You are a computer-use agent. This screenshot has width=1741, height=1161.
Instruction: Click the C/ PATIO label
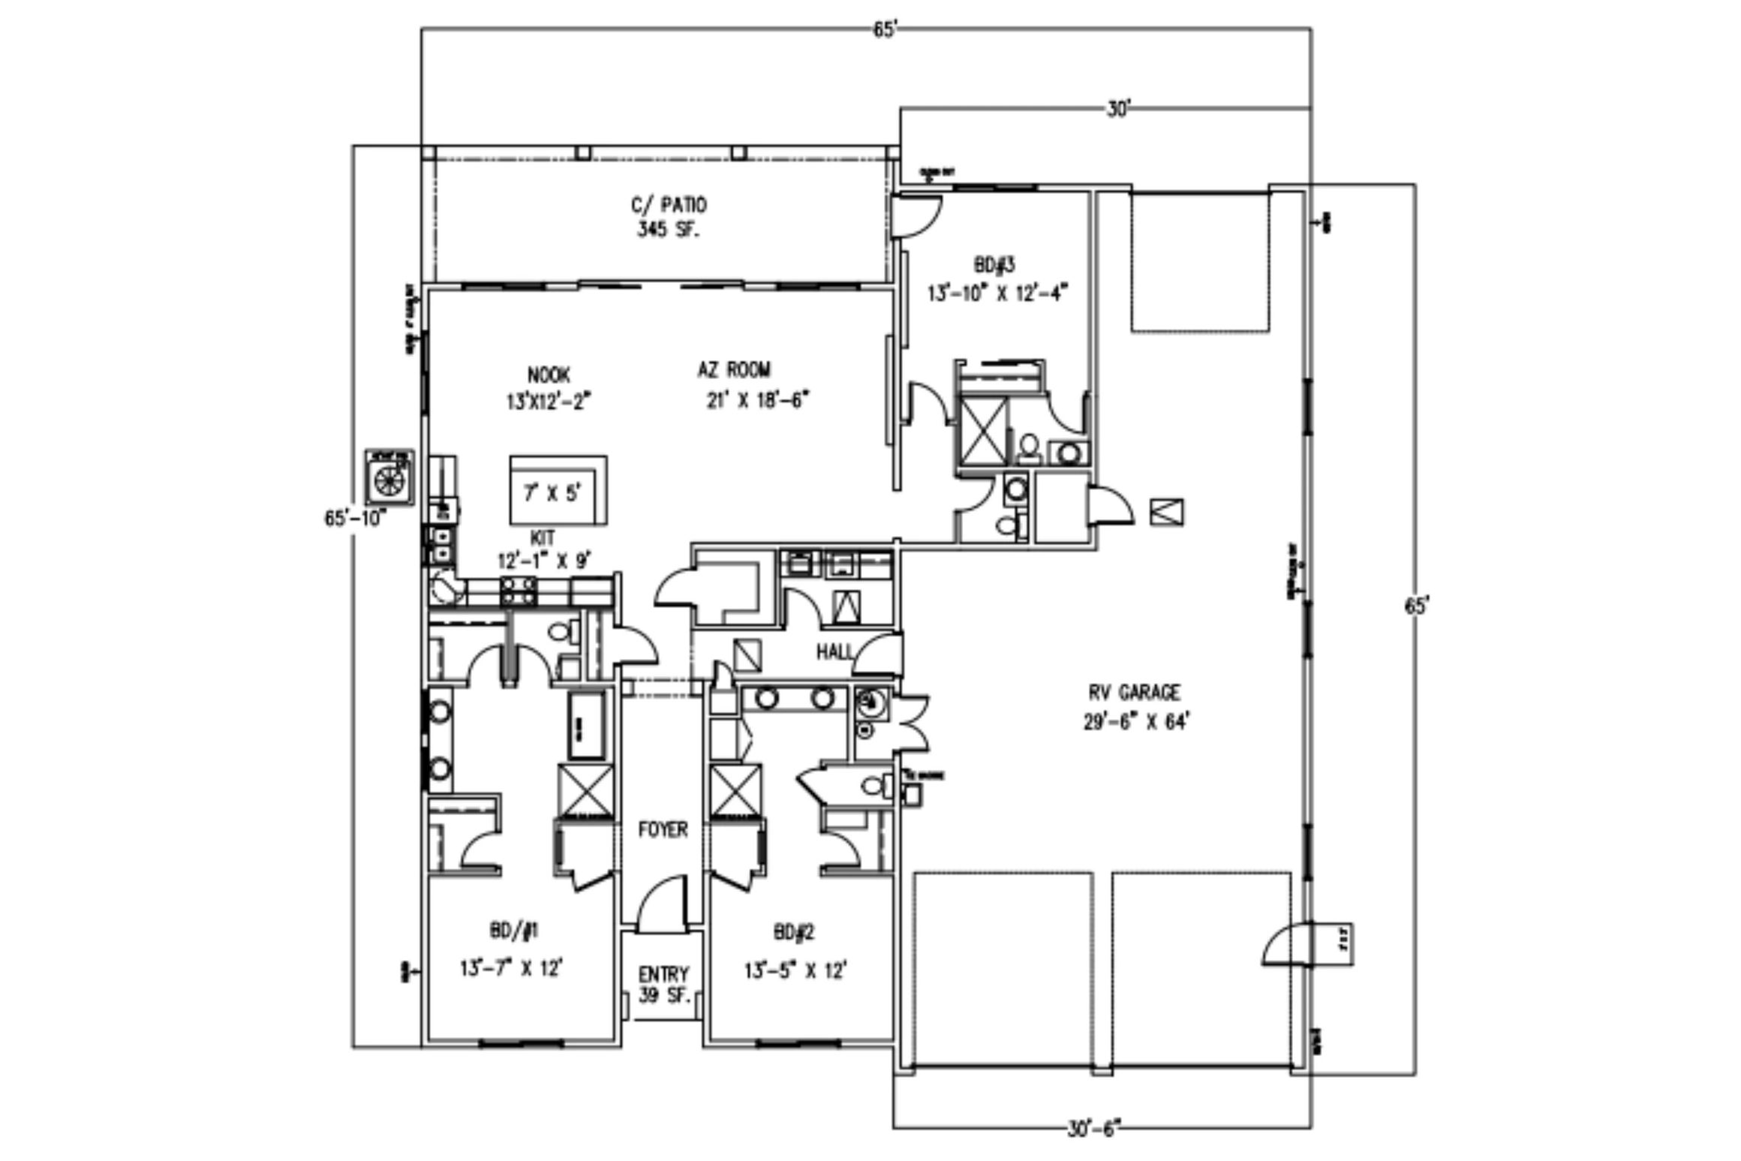pyautogui.click(x=668, y=205)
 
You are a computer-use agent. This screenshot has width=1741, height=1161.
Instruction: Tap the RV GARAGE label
pyautogui.click(x=1133, y=692)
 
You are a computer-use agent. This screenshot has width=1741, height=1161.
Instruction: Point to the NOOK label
pyautogui.click(x=549, y=374)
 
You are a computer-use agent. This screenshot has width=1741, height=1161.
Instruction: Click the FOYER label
pyautogui.click(x=663, y=829)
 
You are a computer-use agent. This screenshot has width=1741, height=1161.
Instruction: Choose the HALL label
pyautogui.click(x=834, y=652)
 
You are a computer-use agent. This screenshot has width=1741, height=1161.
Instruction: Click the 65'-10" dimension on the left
pyautogui.click(x=355, y=519)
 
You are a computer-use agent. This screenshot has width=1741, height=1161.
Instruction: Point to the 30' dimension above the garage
pyautogui.click(x=1117, y=110)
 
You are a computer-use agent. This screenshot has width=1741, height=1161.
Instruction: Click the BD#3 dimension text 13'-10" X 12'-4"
pyautogui.click(x=997, y=293)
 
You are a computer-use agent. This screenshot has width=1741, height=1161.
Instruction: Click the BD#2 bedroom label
pyautogui.click(x=794, y=933)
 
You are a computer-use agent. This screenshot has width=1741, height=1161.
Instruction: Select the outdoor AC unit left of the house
pyautogui.click(x=389, y=478)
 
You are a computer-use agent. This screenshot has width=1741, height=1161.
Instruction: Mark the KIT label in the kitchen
pyautogui.click(x=543, y=538)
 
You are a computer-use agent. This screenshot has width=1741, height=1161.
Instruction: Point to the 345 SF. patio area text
pyautogui.click(x=668, y=230)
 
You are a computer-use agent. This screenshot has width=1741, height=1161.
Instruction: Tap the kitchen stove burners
pyautogui.click(x=519, y=591)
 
